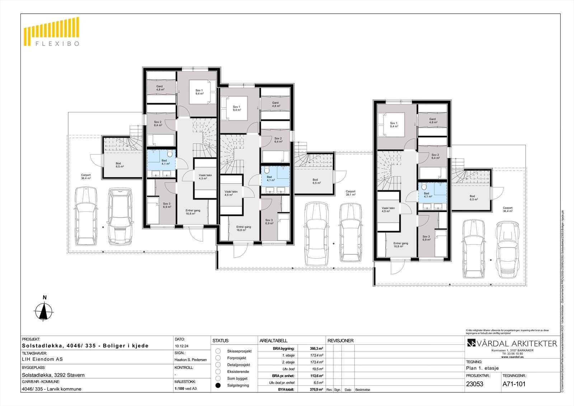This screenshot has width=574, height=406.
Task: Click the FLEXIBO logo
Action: point(51,32)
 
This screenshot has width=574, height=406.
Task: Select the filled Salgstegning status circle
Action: point(218,385)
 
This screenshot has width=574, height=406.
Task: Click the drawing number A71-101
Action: point(514,384)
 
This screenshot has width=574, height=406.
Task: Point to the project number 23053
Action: point(475,384)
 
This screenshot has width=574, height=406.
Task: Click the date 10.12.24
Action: point(182,346)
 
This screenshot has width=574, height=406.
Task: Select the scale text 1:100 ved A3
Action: point(185,388)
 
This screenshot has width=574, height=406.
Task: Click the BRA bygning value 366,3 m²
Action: point(316,348)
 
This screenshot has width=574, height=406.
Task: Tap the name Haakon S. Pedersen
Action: point(190,359)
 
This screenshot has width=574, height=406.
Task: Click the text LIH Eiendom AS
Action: point(42,359)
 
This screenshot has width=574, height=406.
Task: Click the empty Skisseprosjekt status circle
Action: point(218,351)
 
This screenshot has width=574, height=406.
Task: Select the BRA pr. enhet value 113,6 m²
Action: point(316,376)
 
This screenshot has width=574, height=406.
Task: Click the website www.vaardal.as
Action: point(512,357)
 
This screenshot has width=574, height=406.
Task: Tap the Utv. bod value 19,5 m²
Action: point(317,369)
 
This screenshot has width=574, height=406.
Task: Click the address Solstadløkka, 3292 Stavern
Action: point(53,375)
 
